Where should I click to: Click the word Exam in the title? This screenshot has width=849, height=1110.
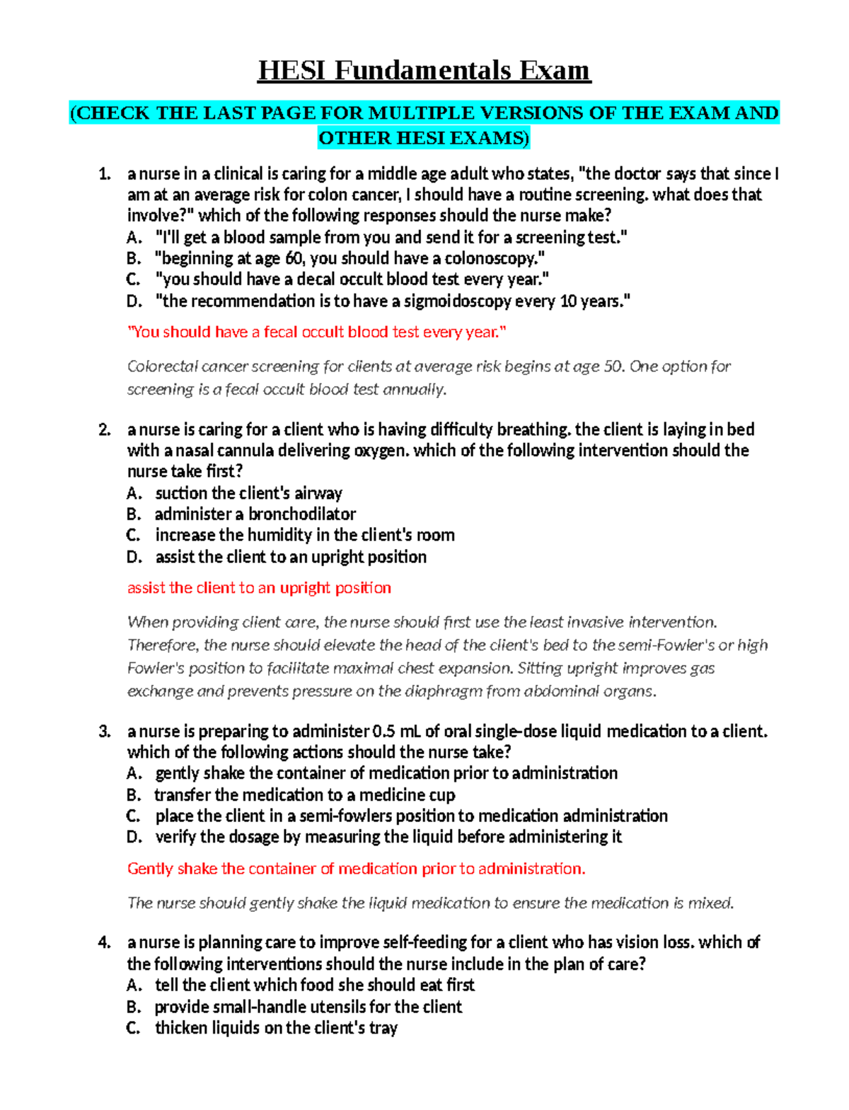coord(555,71)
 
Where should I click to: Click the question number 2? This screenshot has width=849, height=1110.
coord(105,429)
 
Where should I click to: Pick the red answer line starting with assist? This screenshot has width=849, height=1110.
coord(259,588)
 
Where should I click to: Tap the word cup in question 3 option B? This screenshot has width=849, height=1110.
coord(442,795)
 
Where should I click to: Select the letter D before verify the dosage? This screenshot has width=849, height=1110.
coord(134,838)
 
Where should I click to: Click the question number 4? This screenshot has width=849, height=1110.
coord(105,942)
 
